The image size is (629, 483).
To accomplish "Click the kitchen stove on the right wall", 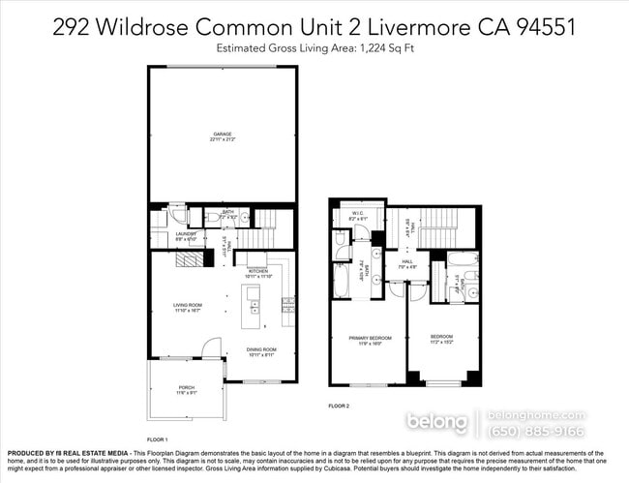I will [x=287, y=306].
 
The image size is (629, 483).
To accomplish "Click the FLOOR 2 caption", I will [x=339, y=405].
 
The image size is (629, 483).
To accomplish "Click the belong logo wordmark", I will [x=437, y=423].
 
